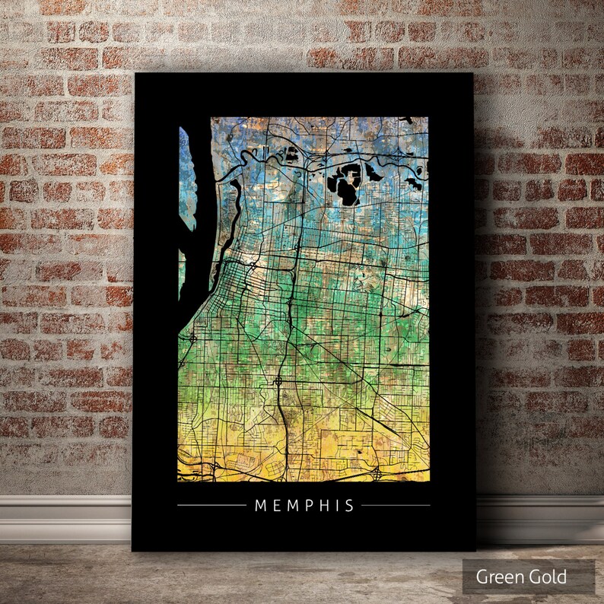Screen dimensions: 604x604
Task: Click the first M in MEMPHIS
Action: tap(260, 505)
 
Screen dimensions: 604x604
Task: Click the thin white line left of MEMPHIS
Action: tap(211, 505)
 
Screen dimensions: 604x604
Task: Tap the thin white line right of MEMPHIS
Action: tap(396, 505)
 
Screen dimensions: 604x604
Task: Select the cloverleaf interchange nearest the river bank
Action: tap(193, 335)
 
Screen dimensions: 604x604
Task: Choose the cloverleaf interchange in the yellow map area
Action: tap(377, 473)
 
